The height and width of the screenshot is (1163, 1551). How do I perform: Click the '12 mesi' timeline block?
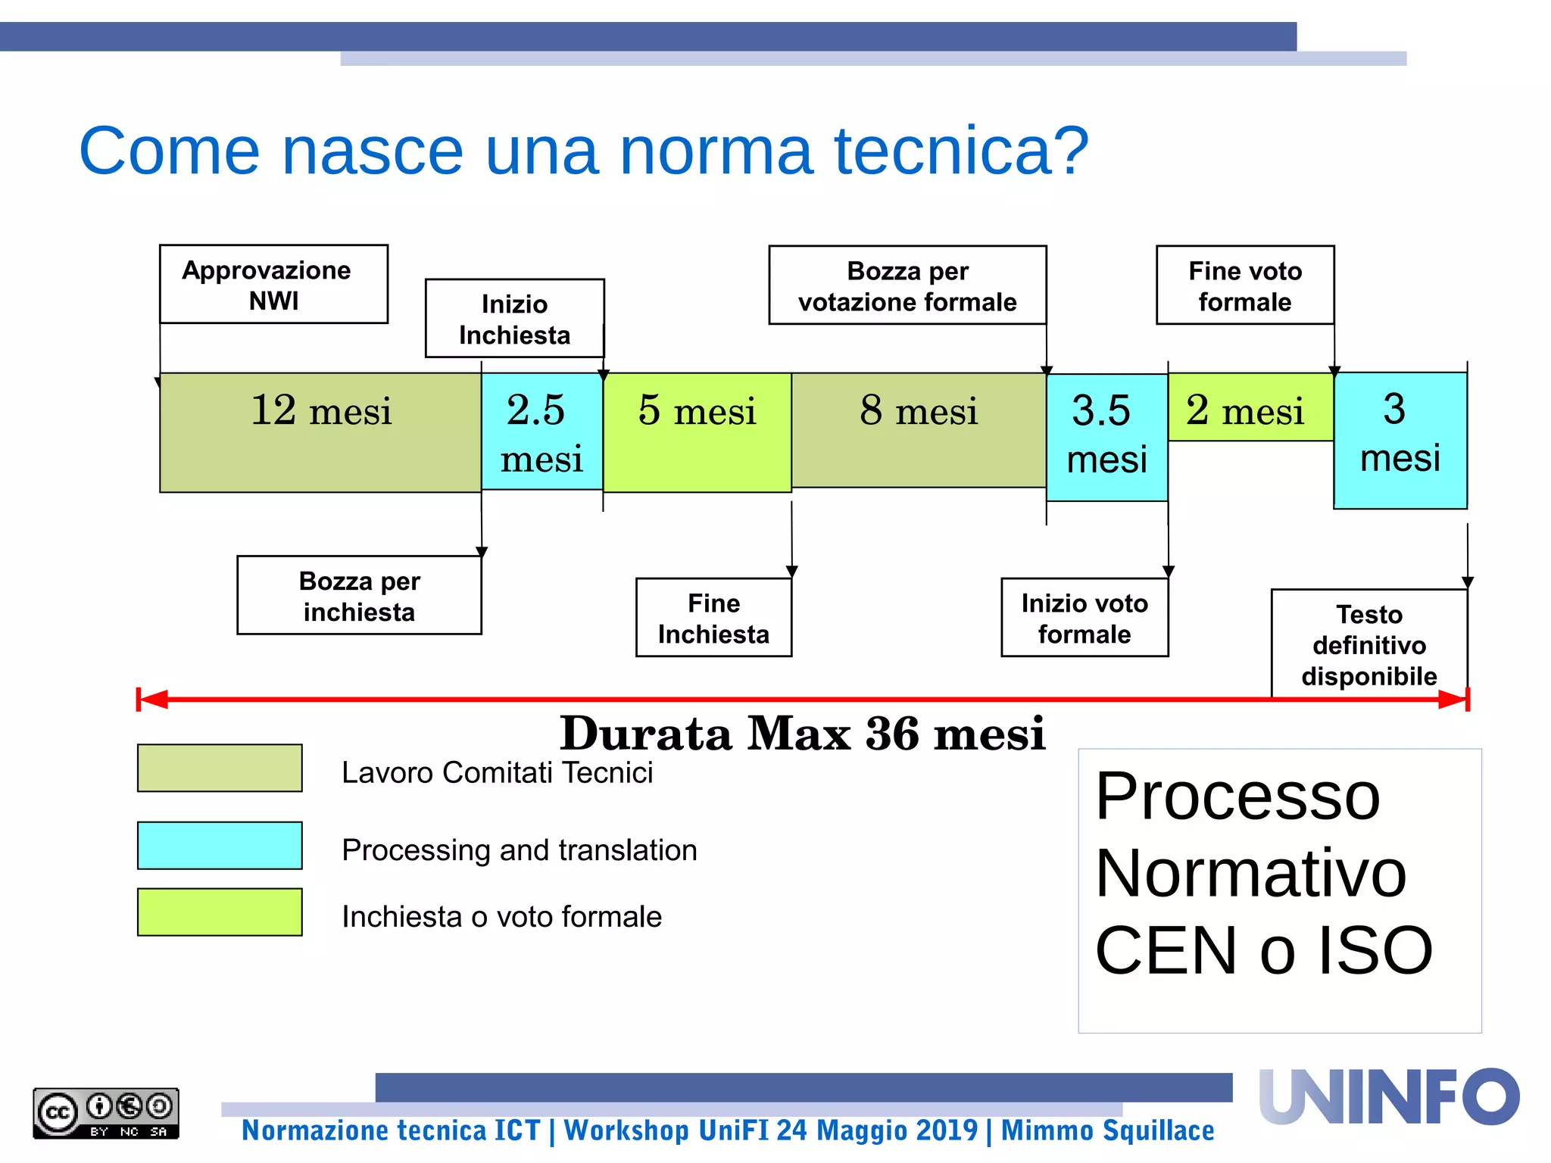320,432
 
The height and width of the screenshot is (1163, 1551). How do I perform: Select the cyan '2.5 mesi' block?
541,432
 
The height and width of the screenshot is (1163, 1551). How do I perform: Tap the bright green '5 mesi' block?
697,432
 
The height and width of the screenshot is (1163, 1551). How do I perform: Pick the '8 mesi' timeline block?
919,430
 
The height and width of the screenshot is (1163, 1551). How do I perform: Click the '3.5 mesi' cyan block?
1106,437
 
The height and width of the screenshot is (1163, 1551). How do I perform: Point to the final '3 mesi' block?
1400,440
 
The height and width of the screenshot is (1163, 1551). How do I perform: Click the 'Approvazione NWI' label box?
273,284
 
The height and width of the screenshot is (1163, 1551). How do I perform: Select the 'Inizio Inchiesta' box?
514,319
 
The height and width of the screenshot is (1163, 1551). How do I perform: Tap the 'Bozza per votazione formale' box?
907,285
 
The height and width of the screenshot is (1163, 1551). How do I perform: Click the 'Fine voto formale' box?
1244,285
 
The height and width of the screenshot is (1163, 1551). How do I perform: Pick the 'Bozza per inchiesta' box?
359,595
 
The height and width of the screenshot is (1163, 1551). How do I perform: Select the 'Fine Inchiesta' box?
713,618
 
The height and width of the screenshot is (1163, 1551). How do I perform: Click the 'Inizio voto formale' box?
1084,618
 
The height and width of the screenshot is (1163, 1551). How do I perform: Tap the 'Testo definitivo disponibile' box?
1368,644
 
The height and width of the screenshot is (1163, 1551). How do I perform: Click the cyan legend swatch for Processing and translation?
220,846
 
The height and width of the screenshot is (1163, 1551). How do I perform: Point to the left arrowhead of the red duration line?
152,700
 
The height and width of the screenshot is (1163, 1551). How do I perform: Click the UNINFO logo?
1388,1097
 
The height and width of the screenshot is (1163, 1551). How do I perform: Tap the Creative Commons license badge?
106,1113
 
